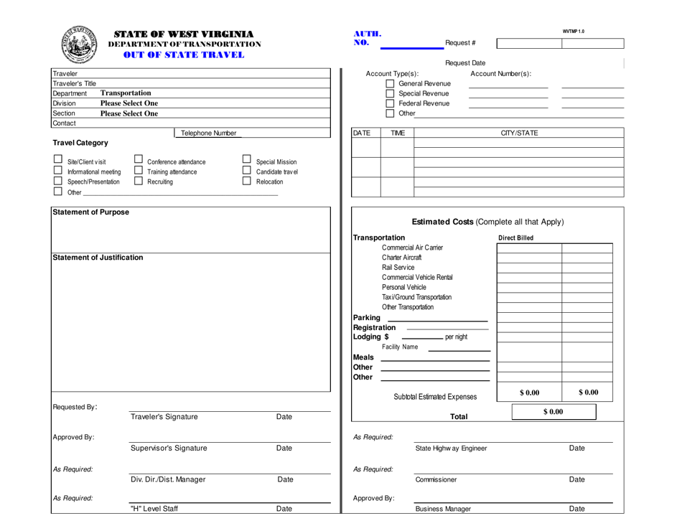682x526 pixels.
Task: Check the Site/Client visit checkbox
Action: pyautogui.click(x=60, y=161)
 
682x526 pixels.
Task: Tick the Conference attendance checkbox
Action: pyautogui.click(x=141, y=161)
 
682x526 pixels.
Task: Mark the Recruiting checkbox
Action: pyautogui.click(x=141, y=183)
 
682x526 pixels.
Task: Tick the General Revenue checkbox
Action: pyautogui.click(x=391, y=84)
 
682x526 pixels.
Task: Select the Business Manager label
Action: pyautogui.click(x=444, y=509)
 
